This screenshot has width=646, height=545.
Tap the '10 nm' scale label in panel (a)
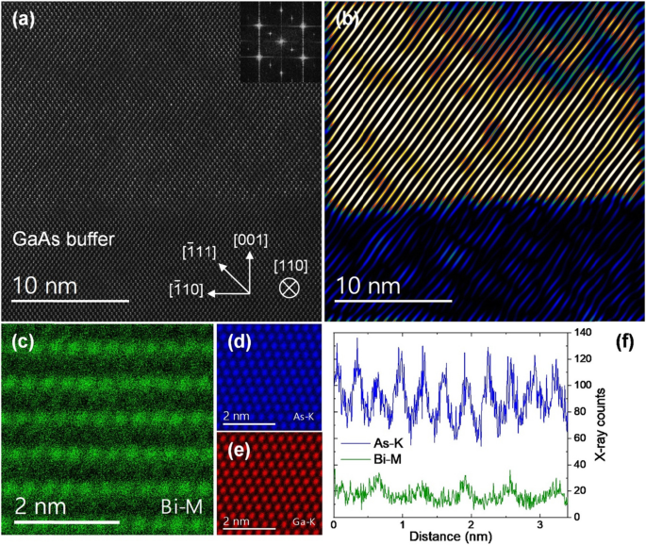(53, 283)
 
